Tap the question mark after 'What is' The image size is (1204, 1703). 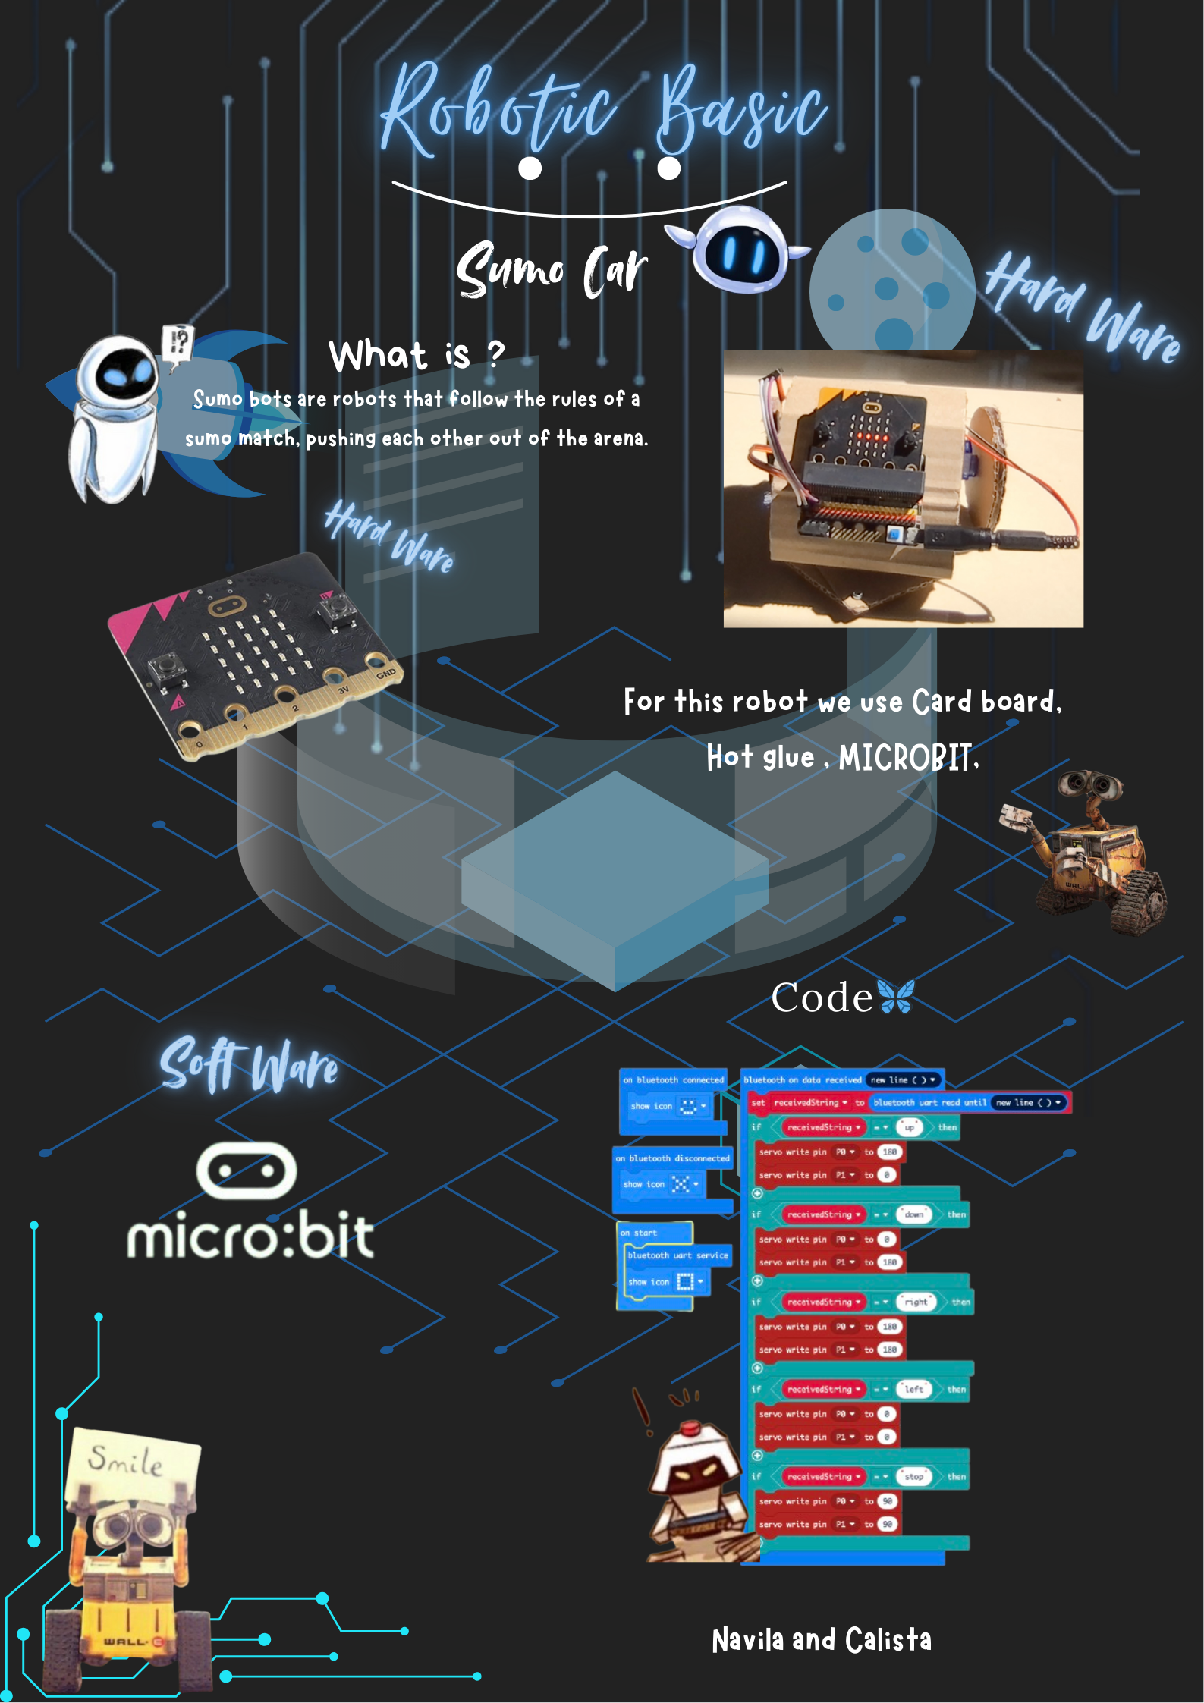coord(495,353)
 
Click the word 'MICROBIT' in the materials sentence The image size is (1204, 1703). coord(905,757)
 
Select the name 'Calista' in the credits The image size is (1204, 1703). coord(888,1640)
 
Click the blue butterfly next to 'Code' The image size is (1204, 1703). coord(896,996)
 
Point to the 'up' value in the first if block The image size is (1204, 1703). coord(909,1127)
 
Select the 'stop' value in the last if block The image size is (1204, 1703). coord(914,1476)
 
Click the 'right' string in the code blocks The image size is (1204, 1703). coord(916,1302)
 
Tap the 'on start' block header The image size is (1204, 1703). coord(639,1233)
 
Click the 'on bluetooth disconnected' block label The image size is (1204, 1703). coord(672,1158)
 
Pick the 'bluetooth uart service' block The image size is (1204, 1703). coord(677,1255)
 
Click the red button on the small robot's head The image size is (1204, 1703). coord(689,1429)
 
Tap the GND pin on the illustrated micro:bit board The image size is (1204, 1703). coord(385,672)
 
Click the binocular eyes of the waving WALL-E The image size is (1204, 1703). coord(1090,784)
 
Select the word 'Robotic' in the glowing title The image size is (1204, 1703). coord(498,111)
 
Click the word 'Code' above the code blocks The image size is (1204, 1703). coord(822,998)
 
